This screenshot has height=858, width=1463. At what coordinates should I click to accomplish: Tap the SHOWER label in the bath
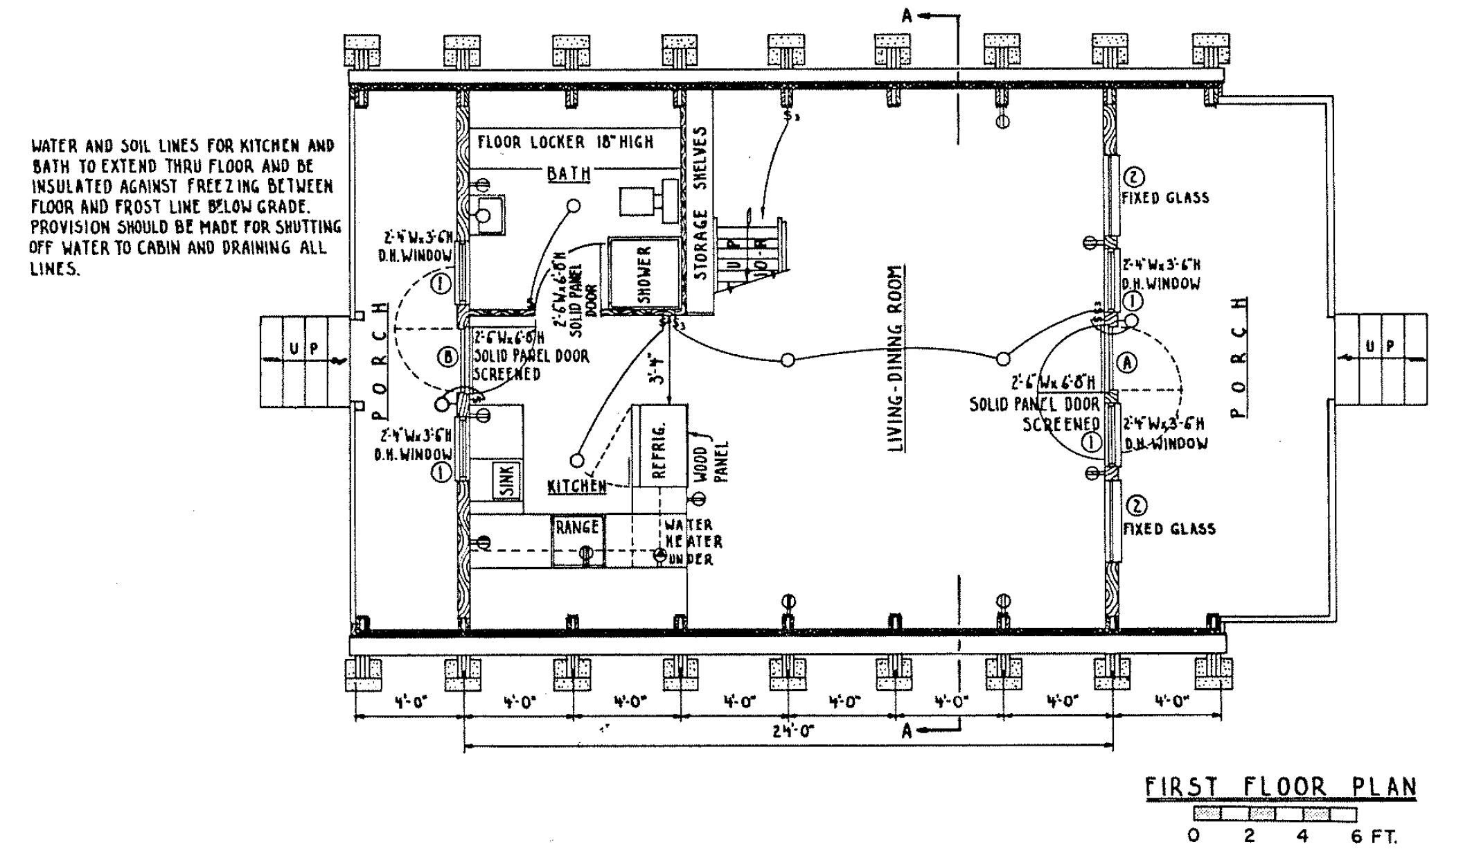pyautogui.click(x=644, y=274)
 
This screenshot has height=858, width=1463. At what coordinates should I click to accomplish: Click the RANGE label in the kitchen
pyautogui.click(x=577, y=527)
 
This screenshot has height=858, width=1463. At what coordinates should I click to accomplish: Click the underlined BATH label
pyautogui.click(x=569, y=173)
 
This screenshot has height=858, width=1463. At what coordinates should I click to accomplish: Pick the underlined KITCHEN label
pyautogui.click(x=577, y=487)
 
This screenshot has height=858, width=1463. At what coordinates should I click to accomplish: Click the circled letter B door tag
pyautogui.click(x=448, y=358)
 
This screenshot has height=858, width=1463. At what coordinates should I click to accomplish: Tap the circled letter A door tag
pyautogui.click(x=1128, y=362)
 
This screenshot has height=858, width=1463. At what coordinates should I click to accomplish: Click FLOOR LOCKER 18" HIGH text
pyautogui.click(x=565, y=142)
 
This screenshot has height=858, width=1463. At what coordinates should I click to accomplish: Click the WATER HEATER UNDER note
pyautogui.click(x=688, y=542)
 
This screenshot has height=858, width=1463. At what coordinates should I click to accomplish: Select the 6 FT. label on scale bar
pyautogui.click(x=1374, y=837)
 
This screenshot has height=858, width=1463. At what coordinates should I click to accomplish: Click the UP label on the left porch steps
pyautogui.click(x=305, y=349)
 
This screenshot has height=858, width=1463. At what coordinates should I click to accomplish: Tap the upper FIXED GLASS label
pyautogui.click(x=1165, y=198)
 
